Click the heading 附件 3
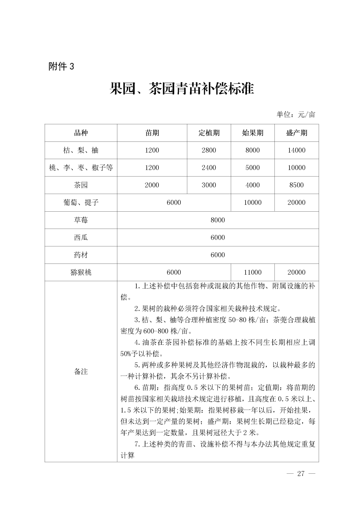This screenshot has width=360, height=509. pyautogui.click(x=61, y=67)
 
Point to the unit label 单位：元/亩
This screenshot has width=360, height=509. pyautogui.click(x=296, y=114)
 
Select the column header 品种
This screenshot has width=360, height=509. pyautogui.click(x=81, y=133)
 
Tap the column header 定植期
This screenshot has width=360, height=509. pyautogui.click(x=209, y=133)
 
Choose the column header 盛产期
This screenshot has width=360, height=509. pyautogui.click(x=296, y=133)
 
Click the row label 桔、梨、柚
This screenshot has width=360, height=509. pyautogui.click(x=81, y=150)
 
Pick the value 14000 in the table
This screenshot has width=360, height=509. pyautogui.click(x=296, y=150)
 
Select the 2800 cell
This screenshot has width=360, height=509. pyautogui.click(x=209, y=150)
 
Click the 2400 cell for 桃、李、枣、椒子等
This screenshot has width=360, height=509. pyautogui.click(x=209, y=168)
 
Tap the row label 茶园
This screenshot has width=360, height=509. pyautogui.click(x=81, y=185)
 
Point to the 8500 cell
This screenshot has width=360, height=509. pyautogui.click(x=296, y=185)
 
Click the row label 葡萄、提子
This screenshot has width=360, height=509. pyautogui.click(x=81, y=202)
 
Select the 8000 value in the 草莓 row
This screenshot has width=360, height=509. pyautogui.click(x=218, y=220)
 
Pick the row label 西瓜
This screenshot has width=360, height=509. pyautogui.click(x=81, y=238)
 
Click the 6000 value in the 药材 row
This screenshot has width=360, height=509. pyautogui.click(x=218, y=255)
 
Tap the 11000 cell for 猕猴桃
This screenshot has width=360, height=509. pyautogui.click(x=252, y=272)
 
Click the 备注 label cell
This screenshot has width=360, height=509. pyautogui.click(x=81, y=371)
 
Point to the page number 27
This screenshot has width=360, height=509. pyautogui.click(x=301, y=473)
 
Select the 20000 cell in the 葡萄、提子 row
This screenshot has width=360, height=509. pyautogui.click(x=296, y=202)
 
